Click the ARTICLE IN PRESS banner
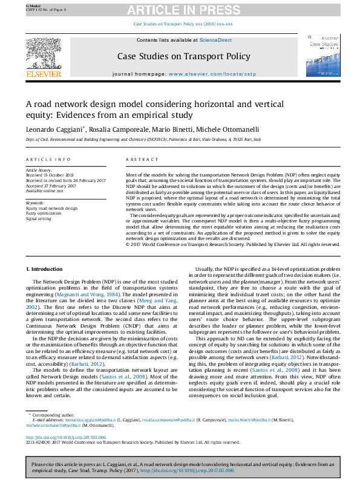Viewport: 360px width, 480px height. pyautogui.click(x=179, y=10)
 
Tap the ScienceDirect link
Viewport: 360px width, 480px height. pyautogui.click(x=216, y=40)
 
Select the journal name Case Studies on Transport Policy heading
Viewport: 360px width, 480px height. pyautogui.click(x=183, y=57)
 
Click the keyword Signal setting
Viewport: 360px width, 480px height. pyautogui.click(x=39, y=218)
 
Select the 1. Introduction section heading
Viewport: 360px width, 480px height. pyautogui.click(x=47, y=268)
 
